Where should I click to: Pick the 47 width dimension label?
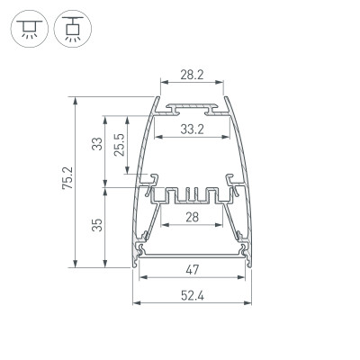[191, 269]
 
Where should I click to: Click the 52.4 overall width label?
[191, 294]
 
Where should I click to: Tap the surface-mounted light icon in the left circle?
[29, 30]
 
